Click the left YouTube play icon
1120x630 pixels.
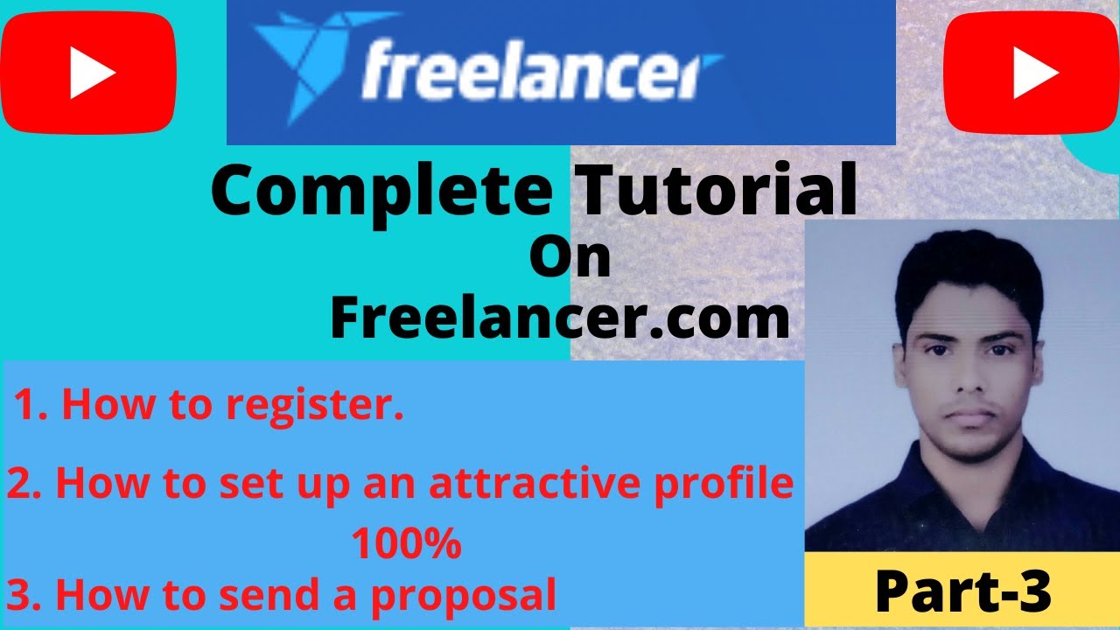click(88, 73)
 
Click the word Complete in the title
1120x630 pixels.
click(381, 193)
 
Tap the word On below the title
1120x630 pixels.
click(570, 260)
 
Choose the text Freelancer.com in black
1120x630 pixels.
click(560, 319)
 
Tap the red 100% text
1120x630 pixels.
click(406, 544)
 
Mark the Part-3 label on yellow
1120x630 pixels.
click(962, 592)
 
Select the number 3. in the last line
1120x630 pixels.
click(23, 595)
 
